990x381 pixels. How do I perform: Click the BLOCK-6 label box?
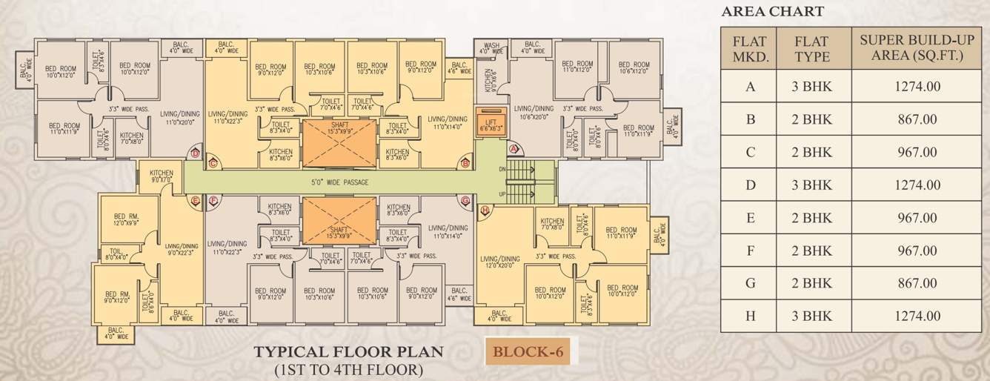click(528, 351)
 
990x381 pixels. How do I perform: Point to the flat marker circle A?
click(513, 149)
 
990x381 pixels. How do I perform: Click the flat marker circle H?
click(485, 211)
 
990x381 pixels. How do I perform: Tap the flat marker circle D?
click(196, 153)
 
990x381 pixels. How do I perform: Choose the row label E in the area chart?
click(750, 218)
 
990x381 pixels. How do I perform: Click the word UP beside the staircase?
click(502, 193)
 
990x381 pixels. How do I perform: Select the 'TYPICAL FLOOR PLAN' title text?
click(348, 351)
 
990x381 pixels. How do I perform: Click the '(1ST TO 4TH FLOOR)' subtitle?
click(348, 368)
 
